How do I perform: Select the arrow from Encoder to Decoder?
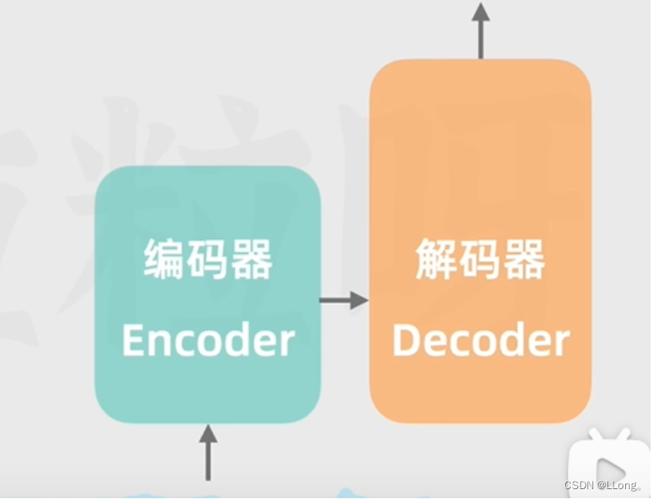tap(343, 301)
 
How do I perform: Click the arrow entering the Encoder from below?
tap(208, 451)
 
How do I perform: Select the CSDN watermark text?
tap(580, 486)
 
